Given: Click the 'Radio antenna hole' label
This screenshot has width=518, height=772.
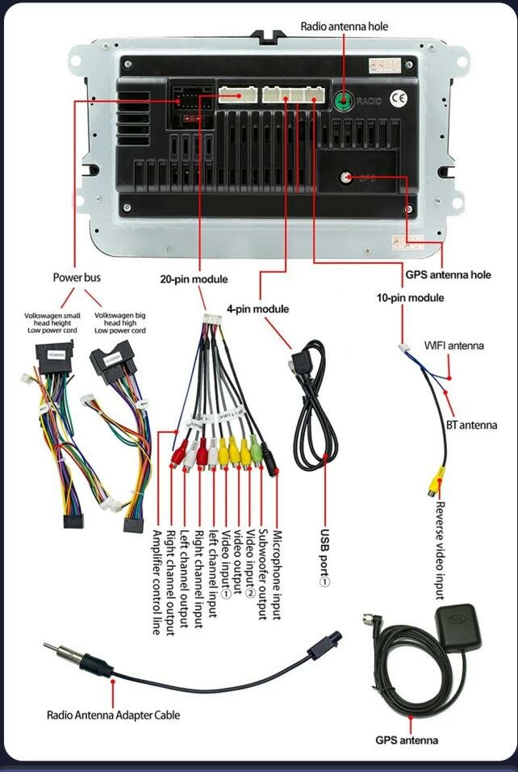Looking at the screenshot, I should [344, 27].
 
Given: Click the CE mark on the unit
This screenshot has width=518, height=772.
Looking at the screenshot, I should [399, 99].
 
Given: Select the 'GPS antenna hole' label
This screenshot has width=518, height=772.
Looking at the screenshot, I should [448, 275].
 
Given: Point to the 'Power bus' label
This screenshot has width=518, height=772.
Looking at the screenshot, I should [77, 277].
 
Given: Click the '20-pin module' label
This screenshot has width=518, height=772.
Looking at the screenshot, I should [194, 279].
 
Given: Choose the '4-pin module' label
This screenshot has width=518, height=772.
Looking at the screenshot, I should [257, 308].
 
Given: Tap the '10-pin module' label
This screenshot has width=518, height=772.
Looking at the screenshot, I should [410, 297].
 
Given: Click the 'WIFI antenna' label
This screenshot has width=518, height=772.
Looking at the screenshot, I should [454, 346].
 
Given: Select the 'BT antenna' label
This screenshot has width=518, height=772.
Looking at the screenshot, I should [472, 425].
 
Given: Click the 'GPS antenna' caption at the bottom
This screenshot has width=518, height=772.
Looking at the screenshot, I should [407, 740].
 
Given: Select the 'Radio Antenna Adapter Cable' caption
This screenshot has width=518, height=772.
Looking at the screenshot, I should [113, 715].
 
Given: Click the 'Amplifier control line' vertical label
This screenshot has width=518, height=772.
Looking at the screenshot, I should [157, 582].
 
